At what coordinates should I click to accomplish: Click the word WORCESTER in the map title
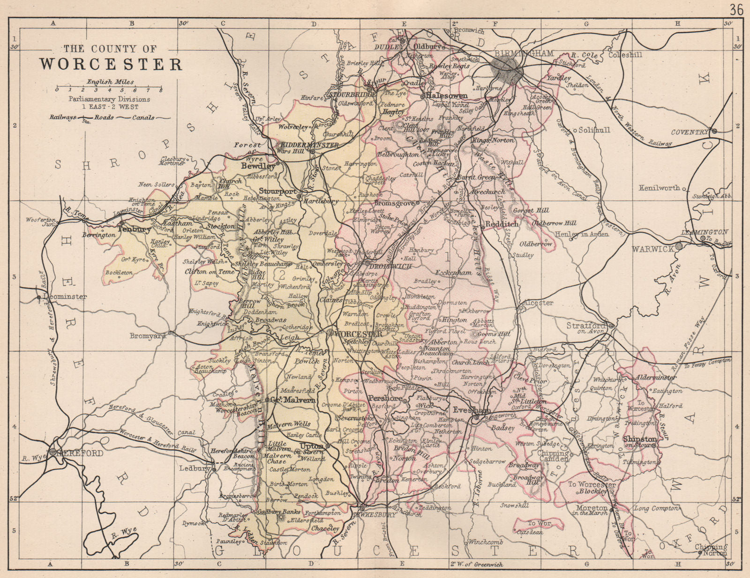pos(111,64)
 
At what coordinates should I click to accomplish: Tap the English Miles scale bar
pos(109,88)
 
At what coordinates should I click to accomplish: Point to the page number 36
pos(735,9)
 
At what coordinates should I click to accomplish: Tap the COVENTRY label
pos(689,132)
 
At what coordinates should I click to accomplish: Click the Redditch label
pos(502,224)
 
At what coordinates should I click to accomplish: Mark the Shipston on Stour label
pos(640,442)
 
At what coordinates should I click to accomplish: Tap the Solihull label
pos(594,130)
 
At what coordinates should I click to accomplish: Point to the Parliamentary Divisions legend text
pos(109,99)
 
